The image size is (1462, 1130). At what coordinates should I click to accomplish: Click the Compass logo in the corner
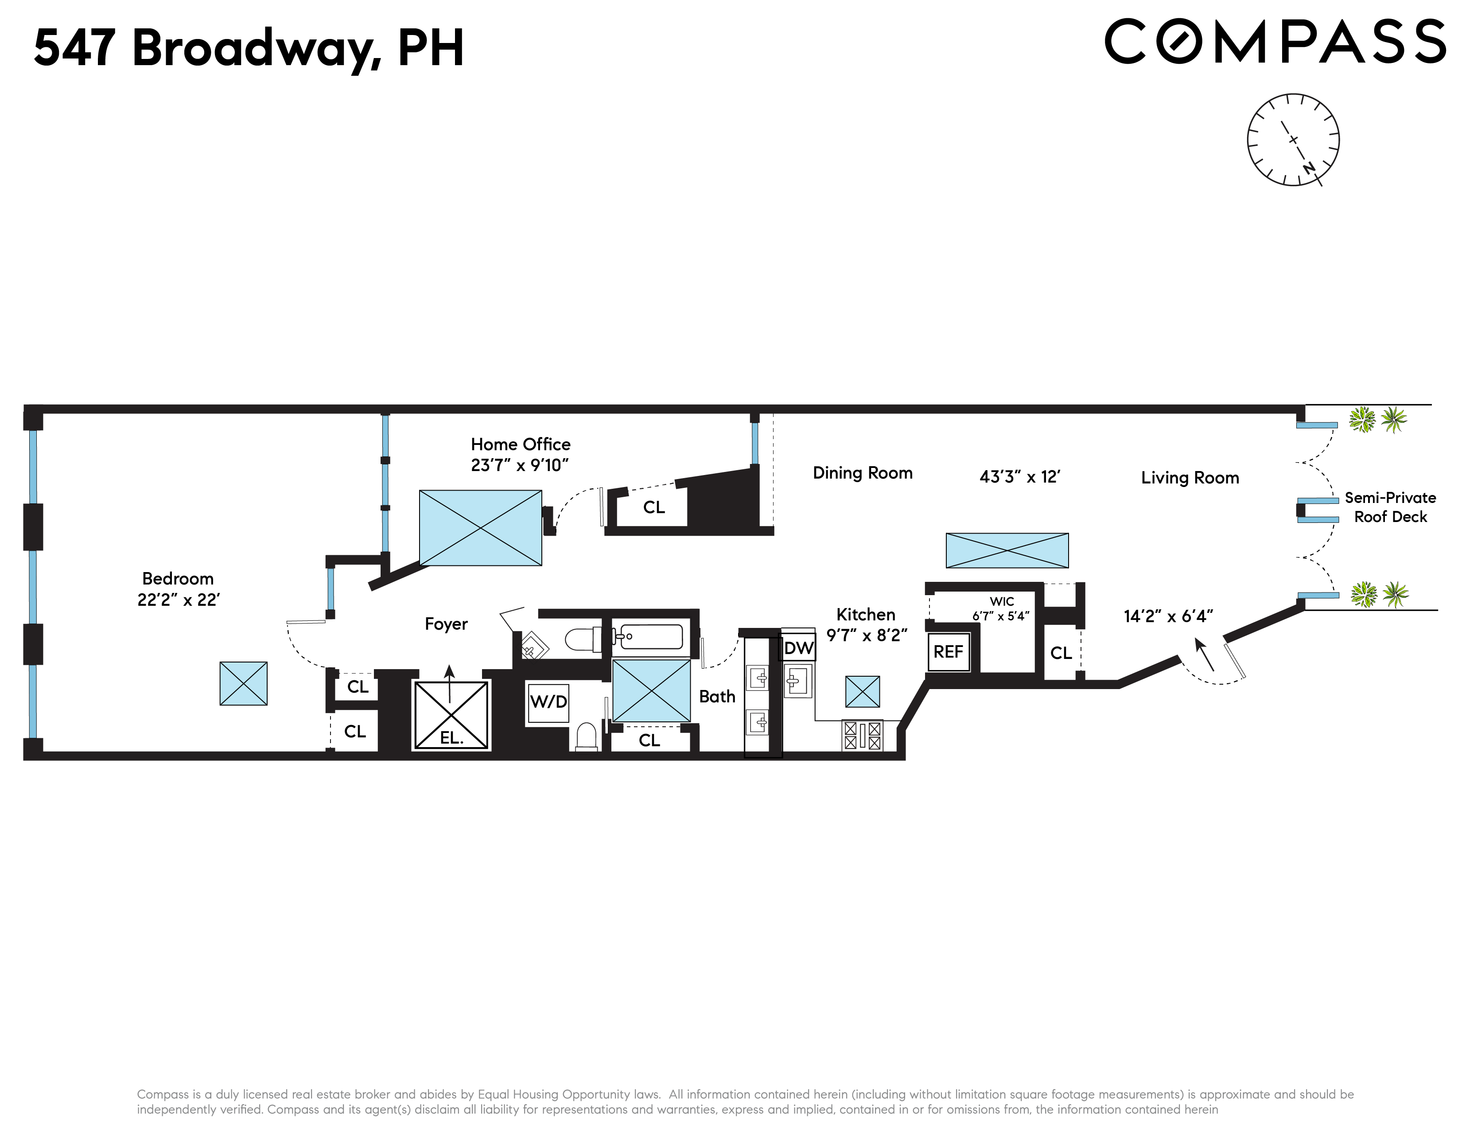coord(1275,42)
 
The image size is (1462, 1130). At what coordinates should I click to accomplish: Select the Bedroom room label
coord(178,578)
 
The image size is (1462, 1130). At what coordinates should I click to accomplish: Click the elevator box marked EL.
coord(451,714)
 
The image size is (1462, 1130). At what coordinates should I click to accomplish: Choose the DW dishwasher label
coord(799,648)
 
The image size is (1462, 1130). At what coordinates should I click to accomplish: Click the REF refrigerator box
coord(948,652)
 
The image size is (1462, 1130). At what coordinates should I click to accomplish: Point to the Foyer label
coord(446,624)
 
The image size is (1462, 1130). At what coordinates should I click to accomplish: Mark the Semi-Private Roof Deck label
coord(1390,507)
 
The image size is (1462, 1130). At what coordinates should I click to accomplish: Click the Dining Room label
coord(862,473)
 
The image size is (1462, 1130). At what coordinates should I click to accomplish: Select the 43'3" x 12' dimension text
coord(1019,477)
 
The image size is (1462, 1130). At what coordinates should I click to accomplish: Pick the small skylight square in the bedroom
coord(244,683)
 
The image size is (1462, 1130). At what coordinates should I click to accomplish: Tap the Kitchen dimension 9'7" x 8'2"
coord(866,635)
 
